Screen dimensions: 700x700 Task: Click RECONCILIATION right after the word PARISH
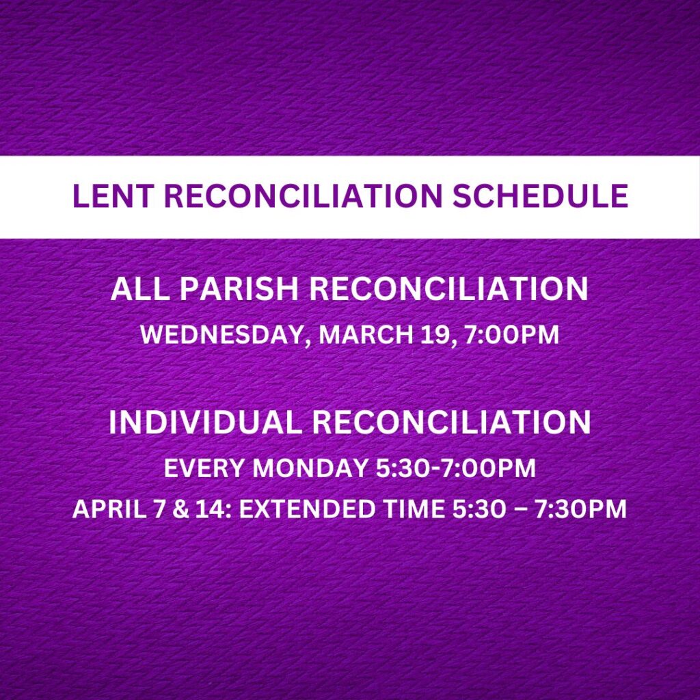pos(448,289)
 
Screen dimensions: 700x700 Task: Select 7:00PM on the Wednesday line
pos(511,334)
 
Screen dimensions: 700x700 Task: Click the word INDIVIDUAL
pos(206,422)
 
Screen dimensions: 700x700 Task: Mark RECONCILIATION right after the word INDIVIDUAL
pos(451,422)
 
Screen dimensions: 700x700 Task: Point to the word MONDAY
pos(311,468)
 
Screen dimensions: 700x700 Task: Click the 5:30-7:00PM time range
pos(456,468)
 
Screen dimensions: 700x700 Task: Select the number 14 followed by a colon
pos(208,509)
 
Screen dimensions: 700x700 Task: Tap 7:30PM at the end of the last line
pos(580,509)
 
